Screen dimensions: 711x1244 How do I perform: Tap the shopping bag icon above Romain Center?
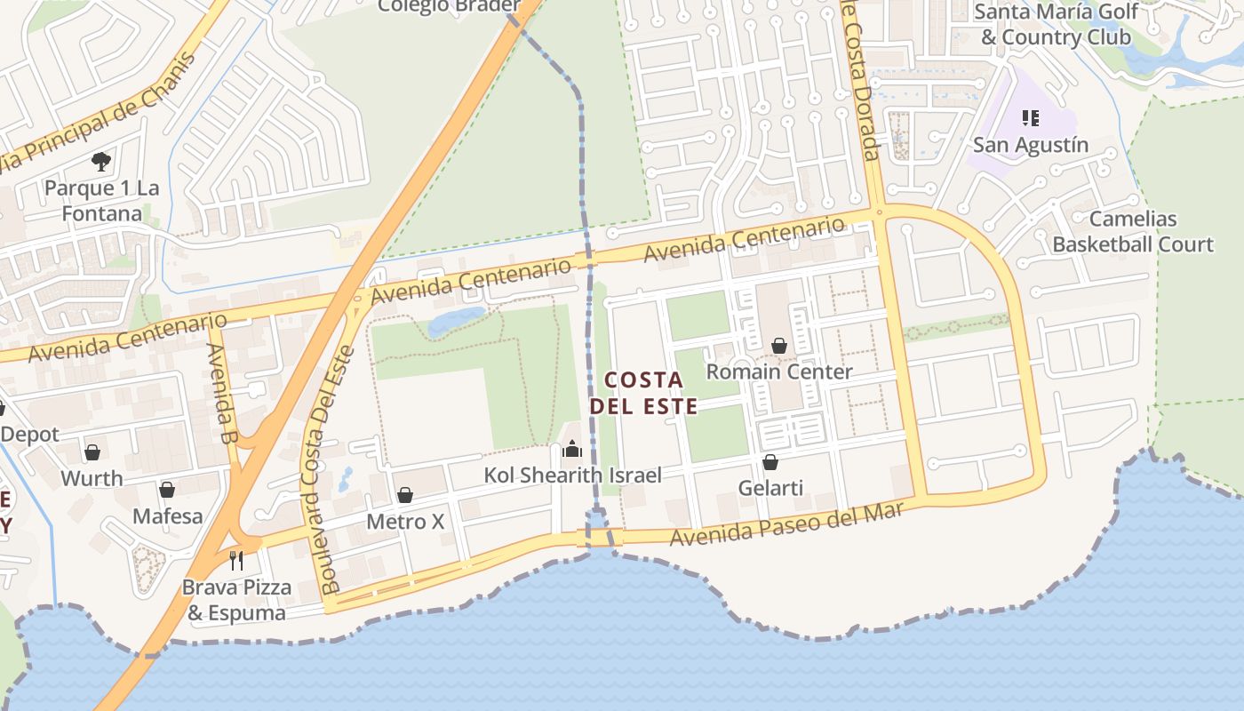[779, 345]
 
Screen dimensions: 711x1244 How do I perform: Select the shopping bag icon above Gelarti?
[770, 462]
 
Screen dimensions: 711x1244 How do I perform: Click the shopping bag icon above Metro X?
[405, 495]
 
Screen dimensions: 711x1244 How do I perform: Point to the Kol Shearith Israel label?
[572, 475]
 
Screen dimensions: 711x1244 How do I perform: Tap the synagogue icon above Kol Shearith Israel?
[572, 449]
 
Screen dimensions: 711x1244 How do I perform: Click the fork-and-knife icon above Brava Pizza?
[236, 560]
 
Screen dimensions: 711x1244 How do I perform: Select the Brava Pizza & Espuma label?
[236, 600]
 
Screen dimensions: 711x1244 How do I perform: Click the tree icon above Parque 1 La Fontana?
[101, 162]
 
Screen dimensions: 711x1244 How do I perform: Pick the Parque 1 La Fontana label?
[101, 201]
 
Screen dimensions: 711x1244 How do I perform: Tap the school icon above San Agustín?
[1031, 117]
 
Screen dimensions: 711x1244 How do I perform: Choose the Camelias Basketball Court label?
[1132, 231]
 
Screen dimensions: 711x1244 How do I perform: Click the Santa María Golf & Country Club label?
[1056, 25]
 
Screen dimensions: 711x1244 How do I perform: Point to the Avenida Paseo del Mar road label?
[785, 524]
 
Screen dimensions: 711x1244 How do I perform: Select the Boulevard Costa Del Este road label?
[327, 471]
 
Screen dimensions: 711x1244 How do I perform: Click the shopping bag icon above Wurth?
[92, 453]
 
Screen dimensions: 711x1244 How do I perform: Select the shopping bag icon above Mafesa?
[167, 490]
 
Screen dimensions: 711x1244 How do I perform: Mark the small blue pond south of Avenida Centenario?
[456, 320]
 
